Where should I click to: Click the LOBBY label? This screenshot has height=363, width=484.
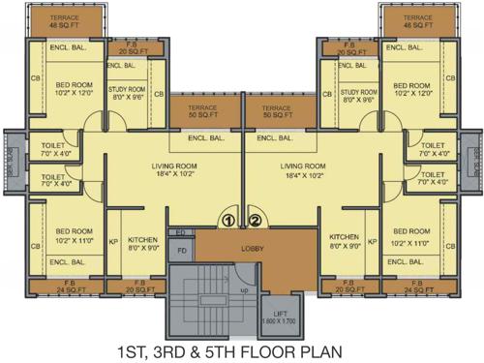point(240,248)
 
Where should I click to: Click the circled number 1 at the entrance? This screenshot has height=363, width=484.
point(228,221)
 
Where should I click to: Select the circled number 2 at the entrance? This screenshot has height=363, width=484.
point(255,221)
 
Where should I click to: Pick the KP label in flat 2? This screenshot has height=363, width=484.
point(372,241)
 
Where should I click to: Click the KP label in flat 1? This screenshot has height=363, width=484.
point(113,241)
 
